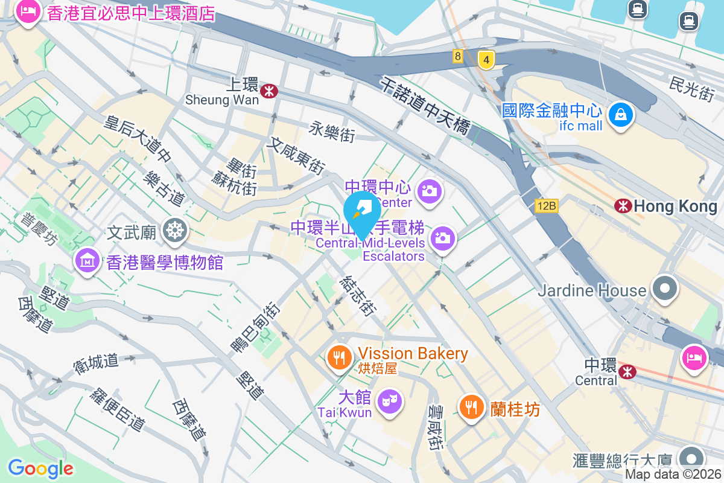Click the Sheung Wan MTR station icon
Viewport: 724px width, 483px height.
click(269, 91)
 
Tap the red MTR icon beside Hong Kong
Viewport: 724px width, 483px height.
click(623, 206)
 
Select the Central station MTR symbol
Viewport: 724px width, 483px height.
click(627, 371)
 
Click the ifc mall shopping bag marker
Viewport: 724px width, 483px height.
click(620, 114)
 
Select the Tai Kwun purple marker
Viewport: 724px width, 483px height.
click(389, 401)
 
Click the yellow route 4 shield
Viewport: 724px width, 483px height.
click(486, 59)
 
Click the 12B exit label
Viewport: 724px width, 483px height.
click(546, 206)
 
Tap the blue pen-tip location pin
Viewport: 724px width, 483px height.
click(362, 210)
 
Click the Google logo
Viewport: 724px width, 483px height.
click(40, 468)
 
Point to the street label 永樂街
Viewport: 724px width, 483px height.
click(332, 131)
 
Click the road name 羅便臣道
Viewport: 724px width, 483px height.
click(117, 409)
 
